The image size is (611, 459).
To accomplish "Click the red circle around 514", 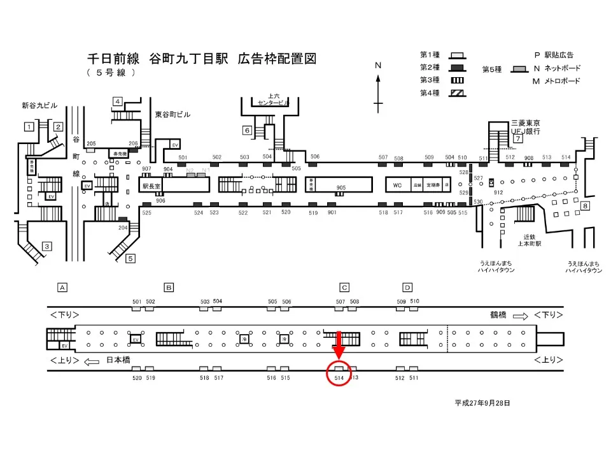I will coord(339,374).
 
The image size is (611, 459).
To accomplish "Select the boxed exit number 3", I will coord(46,246).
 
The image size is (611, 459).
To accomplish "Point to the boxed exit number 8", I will coord(585,206).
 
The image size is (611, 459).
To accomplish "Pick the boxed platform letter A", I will coord(62,288).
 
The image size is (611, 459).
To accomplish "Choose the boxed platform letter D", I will coord(407,288).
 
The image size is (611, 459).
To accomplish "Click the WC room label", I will coord(397,185).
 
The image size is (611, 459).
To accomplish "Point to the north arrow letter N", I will coord(378,66).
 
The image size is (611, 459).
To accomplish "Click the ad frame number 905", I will coord(341,187).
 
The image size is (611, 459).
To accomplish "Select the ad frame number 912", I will coord(498,192).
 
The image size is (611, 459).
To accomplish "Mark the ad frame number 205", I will coord(91,143).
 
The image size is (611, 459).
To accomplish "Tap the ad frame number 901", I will coord(332,212).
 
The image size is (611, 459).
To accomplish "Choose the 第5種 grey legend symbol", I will coord(521,69).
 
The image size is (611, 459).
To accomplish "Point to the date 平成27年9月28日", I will coord(482,403).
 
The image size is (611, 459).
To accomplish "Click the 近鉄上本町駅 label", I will coord(528,240).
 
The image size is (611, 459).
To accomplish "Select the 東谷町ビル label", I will coord(172,115).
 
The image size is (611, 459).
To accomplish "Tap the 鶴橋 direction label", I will coord(498,316).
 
